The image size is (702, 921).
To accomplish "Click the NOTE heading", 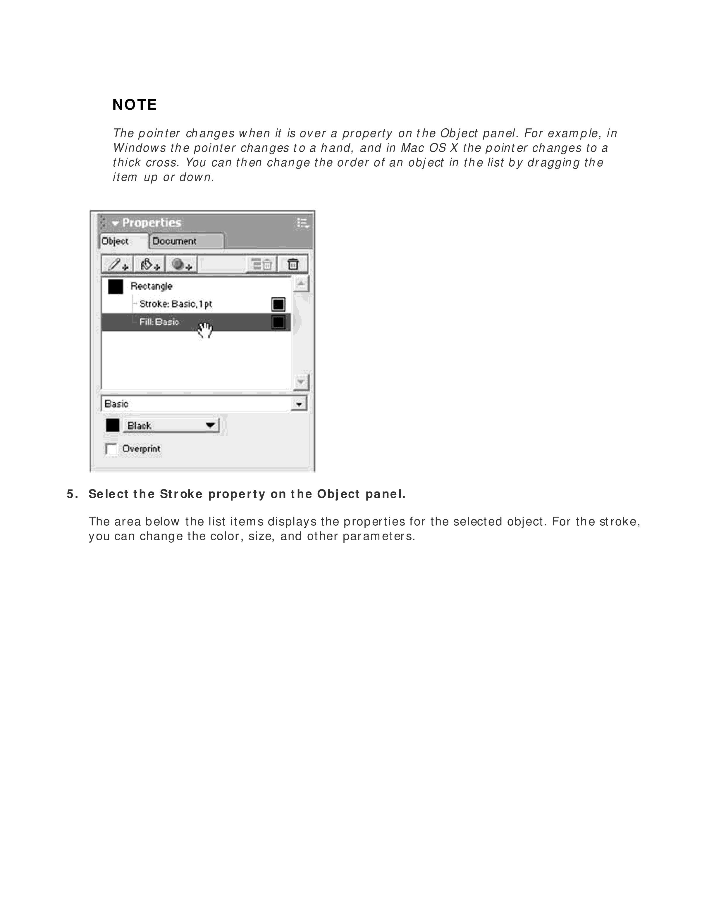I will (135, 104).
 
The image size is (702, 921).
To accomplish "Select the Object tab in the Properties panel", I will (115, 242).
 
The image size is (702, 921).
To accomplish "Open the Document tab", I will (174, 242).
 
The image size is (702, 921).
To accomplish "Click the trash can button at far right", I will (293, 264).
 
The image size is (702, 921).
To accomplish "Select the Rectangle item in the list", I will (151, 286).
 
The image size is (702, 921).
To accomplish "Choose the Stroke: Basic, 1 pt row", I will (175, 304).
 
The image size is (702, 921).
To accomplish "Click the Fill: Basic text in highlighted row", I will (159, 322).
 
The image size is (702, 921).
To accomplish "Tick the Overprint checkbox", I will (111, 449).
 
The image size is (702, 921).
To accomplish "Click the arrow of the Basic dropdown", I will (299, 404).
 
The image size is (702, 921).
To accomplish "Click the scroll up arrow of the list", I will (301, 284).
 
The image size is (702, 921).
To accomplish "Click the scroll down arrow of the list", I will (301, 382).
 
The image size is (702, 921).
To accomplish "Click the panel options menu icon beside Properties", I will (302, 223).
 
